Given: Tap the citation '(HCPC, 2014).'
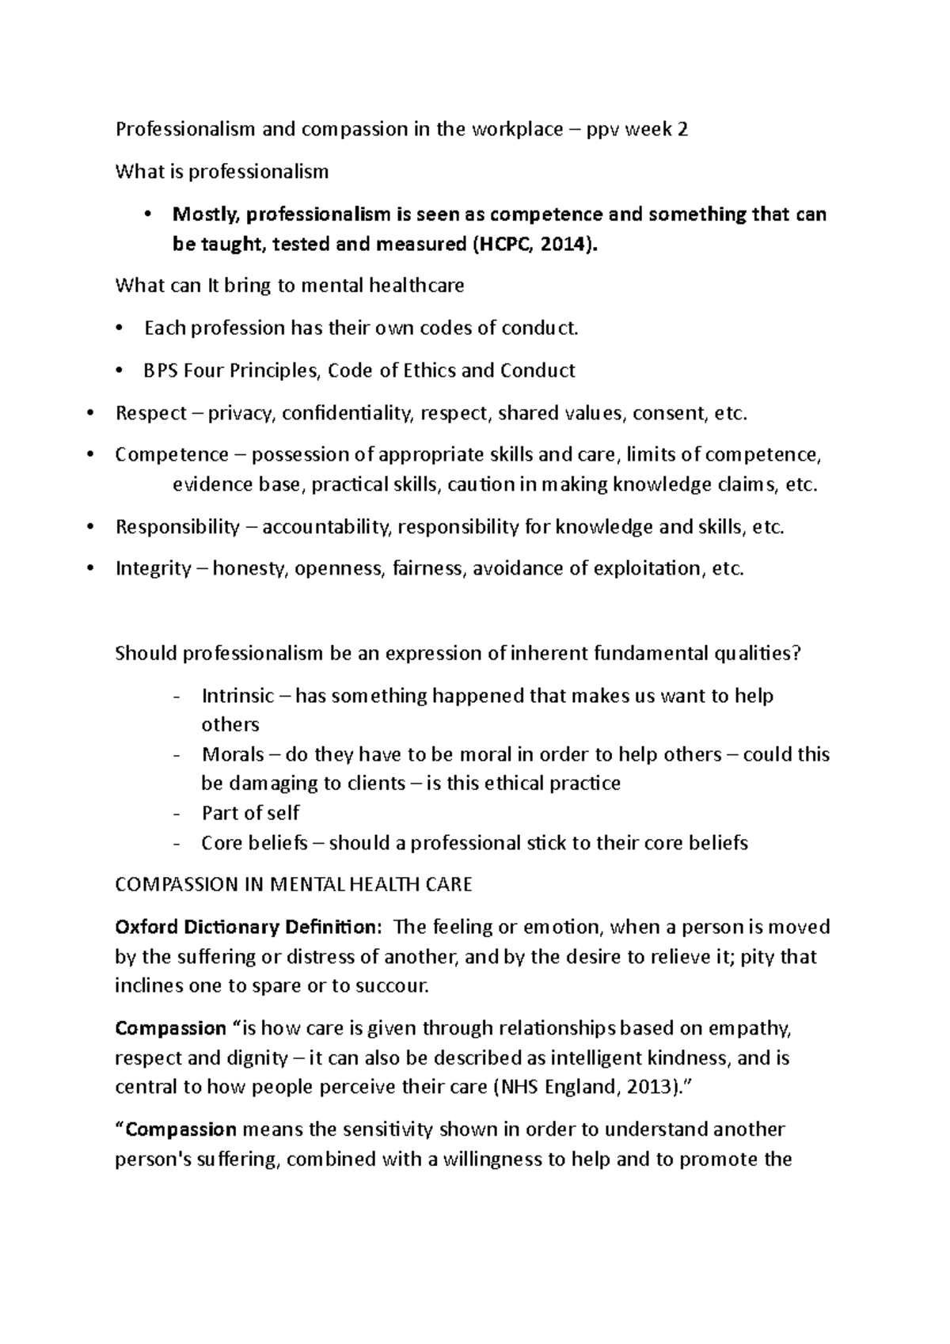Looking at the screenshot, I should [x=531, y=245].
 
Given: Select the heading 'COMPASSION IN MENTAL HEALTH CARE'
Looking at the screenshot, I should [x=293, y=885].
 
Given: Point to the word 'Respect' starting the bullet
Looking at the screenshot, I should [x=150, y=413].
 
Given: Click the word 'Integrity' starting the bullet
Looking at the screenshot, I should [x=153, y=568].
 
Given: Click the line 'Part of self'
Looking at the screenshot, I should [x=250, y=813].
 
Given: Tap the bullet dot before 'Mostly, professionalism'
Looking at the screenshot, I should [x=149, y=215].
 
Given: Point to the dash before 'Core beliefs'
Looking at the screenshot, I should [x=177, y=844].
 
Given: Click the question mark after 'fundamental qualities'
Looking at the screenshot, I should [x=797, y=654].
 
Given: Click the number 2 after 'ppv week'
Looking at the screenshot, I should [x=682, y=129].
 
